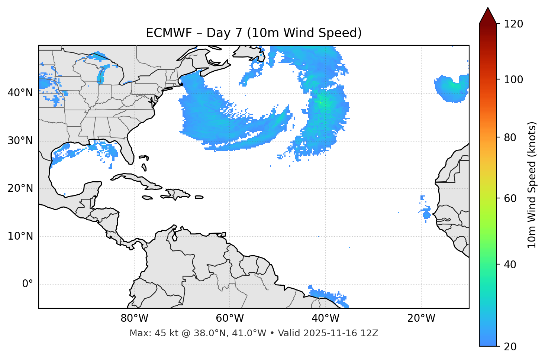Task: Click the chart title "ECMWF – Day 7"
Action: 254,33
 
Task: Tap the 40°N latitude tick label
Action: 20,93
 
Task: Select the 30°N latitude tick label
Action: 20,140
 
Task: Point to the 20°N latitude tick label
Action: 20,188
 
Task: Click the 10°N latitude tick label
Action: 20,236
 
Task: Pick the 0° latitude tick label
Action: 27,284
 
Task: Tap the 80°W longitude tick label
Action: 134,318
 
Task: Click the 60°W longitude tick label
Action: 230,318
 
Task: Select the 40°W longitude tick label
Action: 325,318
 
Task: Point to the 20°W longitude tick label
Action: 421,318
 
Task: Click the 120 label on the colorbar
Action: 513,24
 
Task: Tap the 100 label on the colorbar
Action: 513,80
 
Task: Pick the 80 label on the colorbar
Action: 510,137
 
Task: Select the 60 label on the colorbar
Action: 510,198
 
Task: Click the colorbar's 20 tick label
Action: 510,347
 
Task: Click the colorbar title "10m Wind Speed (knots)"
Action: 532,185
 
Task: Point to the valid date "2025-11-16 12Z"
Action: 341,333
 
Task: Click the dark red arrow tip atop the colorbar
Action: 488,16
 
